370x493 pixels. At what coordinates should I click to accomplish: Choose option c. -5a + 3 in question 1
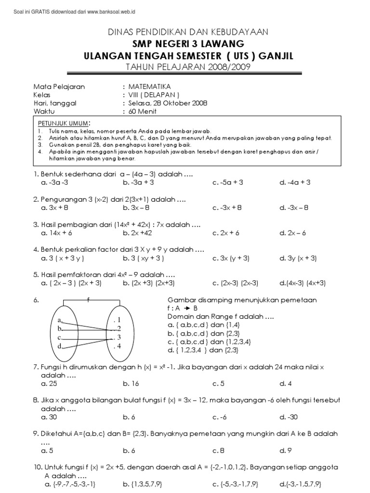(x=228, y=182)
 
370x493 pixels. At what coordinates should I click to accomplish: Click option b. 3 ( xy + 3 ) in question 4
(x=144, y=258)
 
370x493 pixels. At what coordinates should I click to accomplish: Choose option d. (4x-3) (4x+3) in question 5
(x=300, y=283)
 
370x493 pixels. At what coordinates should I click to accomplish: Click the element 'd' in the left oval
(x=59, y=346)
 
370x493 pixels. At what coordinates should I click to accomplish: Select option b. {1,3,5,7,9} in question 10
(x=145, y=484)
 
